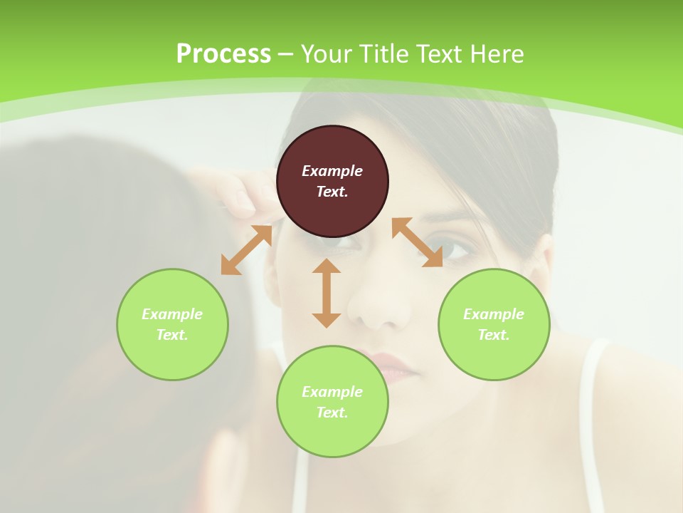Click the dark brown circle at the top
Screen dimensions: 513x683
[332, 182]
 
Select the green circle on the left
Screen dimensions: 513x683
[172, 324]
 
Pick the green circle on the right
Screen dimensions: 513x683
[494, 324]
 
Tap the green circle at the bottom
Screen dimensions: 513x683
[332, 402]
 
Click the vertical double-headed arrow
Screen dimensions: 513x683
[327, 293]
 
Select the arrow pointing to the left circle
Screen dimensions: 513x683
[246, 250]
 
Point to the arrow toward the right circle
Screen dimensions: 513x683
[417, 242]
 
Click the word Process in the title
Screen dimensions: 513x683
[223, 54]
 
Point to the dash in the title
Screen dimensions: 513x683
[286, 55]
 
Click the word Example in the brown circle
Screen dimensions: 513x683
[332, 171]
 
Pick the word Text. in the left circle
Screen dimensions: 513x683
[172, 335]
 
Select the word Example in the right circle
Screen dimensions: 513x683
[494, 314]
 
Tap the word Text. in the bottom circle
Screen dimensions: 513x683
[332, 413]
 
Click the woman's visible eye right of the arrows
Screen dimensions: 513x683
[459, 250]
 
